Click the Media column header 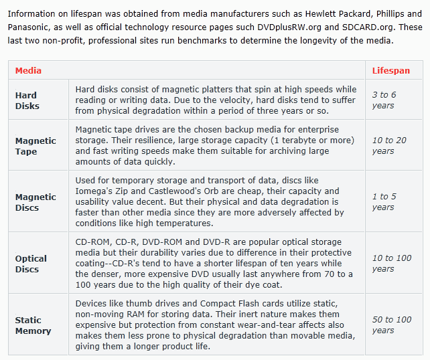(28, 70)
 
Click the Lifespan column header (391, 70)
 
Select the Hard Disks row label (27, 100)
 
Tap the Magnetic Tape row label (35, 146)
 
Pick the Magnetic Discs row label (35, 202)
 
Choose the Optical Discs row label (31, 264)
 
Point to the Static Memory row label (33, 325)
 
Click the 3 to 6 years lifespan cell (384, 100)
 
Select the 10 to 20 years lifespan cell (388, 146)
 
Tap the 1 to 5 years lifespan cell (384, 202)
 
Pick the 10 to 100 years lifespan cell (392, 264)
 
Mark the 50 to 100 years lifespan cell (392, 325)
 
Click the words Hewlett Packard (325, 13)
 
